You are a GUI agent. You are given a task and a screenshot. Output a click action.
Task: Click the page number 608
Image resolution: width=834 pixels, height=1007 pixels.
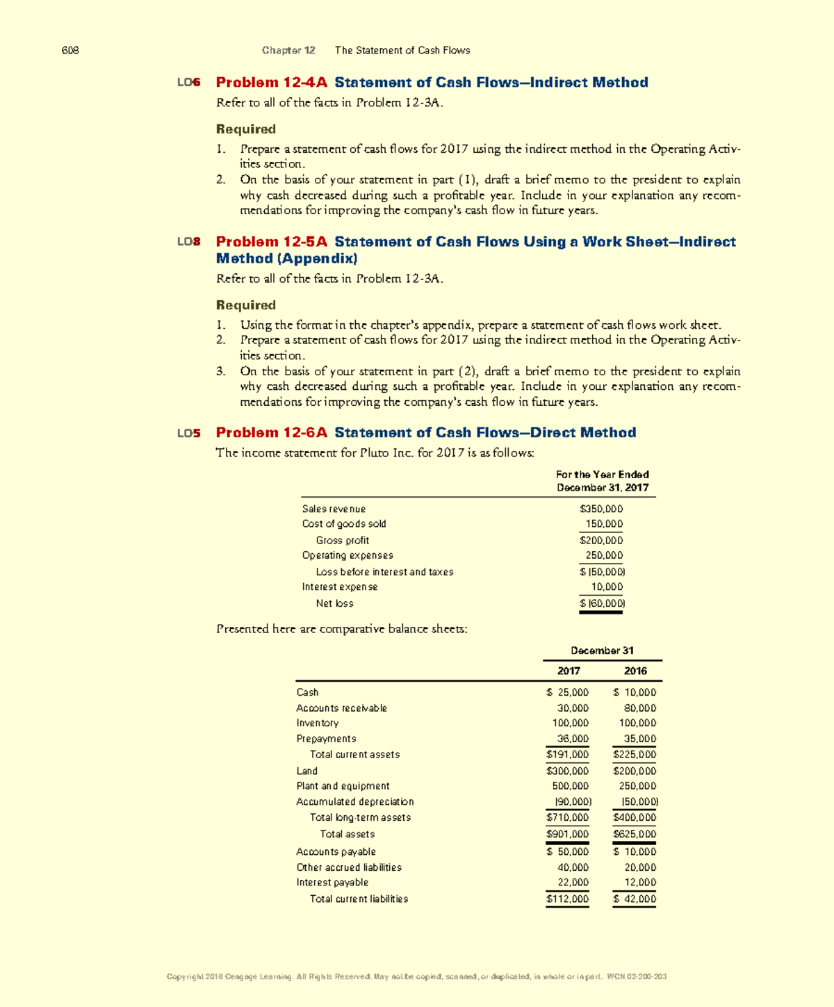[70, 50]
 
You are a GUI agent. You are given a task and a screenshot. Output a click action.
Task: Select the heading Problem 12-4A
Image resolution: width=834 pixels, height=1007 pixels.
[271, 83]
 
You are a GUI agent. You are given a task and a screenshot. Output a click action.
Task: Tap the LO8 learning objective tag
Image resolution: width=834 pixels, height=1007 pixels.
[188, 242]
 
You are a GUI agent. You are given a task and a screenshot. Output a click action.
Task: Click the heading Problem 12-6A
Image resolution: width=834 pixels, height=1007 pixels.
[271, 433]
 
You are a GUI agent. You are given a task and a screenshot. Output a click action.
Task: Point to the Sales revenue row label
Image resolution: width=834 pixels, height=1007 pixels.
[334, 509]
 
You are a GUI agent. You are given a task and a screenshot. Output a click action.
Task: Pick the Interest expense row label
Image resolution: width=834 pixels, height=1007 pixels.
[340, 587]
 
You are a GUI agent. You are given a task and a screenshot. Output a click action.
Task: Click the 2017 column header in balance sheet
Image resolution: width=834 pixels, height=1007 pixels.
[569, 671]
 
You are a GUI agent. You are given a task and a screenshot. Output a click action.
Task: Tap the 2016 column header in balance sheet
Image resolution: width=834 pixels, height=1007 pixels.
[635, 671]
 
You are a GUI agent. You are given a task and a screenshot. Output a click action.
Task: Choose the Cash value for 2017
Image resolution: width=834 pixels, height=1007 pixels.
[568, 692]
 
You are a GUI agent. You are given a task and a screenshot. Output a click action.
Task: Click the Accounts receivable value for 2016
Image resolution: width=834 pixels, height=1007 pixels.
[637, 708]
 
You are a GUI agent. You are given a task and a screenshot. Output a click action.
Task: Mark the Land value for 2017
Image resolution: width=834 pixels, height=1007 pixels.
[568, 771]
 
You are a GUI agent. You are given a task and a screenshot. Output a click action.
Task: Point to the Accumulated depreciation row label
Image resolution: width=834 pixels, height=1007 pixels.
[355, 801]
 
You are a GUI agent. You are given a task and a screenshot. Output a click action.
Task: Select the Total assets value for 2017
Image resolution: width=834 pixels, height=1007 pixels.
[568, 834]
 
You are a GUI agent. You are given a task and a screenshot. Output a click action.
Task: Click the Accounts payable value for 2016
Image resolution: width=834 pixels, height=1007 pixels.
[635, 851]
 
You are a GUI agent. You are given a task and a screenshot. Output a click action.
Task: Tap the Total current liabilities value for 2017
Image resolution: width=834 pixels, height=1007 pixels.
[568, 899]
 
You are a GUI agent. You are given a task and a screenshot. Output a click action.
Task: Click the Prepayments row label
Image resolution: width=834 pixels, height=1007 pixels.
[326, 739]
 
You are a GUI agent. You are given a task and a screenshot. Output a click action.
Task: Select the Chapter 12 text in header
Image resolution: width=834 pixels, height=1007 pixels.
[288, 50]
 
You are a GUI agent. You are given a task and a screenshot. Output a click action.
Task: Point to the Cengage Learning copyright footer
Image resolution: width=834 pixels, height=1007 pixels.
[416, 976]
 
